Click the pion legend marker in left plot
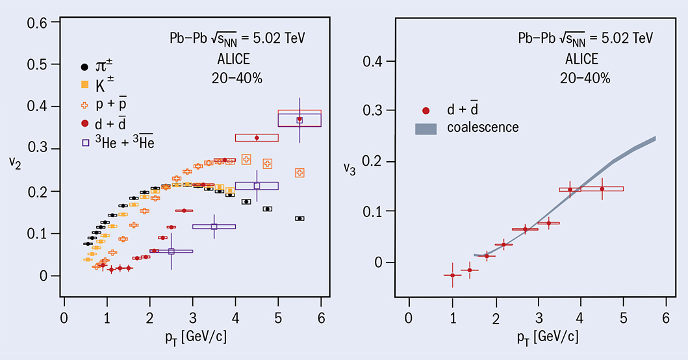[84, 66]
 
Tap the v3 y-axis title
[350, 171]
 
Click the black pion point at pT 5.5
[299, 218]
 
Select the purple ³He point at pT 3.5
[214, 226]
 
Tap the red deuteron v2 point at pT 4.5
[257, 138]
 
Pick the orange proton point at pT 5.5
[299, 173]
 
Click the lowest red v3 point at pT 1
[452, 276]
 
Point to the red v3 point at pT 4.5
[602, 189]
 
